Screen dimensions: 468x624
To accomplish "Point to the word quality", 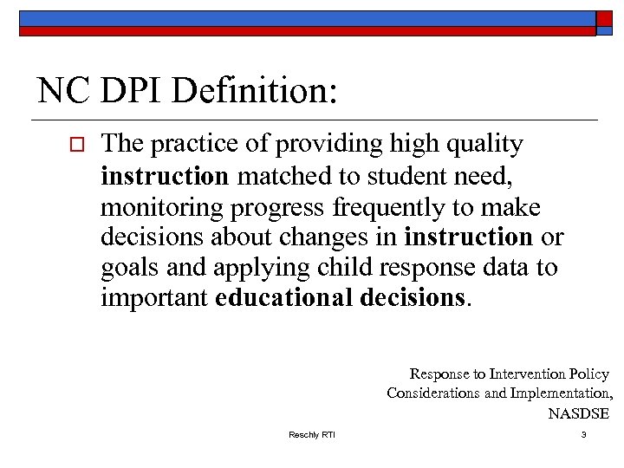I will tap(484, 145).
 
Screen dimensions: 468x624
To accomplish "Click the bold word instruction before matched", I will tap(165, 177).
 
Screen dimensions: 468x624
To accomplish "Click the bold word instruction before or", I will tap(469, 237).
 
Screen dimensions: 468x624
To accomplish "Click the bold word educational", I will tap(287, 297).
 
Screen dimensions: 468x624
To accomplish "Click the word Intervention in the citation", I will tap(528, 374).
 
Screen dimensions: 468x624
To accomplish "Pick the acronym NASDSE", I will tap(579, 413).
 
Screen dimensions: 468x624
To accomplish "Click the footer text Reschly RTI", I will tap(311, 434).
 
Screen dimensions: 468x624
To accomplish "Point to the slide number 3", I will tap(584, 434).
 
